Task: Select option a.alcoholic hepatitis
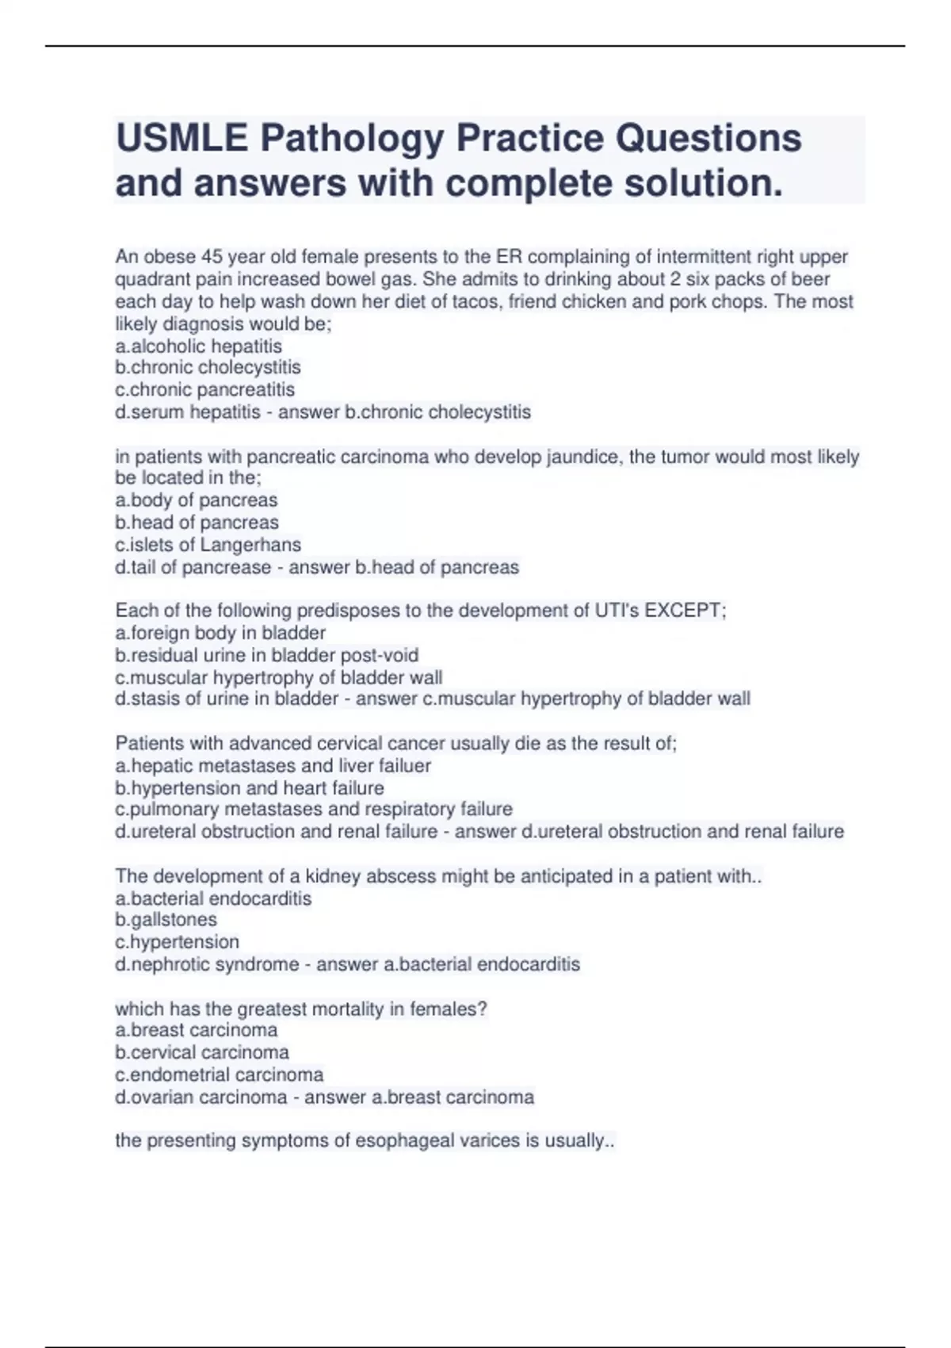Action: [x=198, y=347]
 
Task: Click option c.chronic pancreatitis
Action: [x=204, y=390]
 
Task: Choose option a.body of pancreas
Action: [x=197, y=500]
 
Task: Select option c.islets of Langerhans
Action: [x=208, y=545]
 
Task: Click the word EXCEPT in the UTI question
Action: [x=682, y=611]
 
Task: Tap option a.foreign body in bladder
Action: [x=220, y=633]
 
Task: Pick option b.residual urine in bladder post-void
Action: [x=266, y=655]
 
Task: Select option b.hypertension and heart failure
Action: [x=250, y=788]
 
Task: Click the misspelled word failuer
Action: [x=407, y=766]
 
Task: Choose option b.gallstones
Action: [x=166, y=920]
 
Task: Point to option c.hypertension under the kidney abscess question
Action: [x=177, y=942]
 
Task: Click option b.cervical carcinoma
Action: [x=202, y=1052]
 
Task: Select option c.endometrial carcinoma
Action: [x=220, y=1074]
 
